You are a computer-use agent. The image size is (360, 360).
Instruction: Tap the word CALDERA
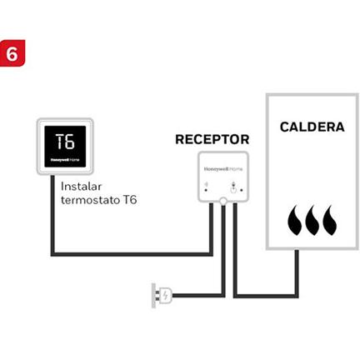point(312,127)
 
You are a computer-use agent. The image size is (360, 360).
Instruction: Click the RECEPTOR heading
point(212,139)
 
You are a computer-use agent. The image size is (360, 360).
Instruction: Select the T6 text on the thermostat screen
point(65,140)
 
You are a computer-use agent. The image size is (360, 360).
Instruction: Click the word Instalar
point(81,186)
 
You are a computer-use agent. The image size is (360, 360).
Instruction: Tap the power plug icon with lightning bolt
point(162,294)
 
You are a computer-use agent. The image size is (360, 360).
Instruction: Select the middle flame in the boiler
point(313,221)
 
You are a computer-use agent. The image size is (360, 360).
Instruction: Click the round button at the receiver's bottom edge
point(223,201)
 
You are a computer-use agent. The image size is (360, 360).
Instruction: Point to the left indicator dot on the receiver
point(206,190)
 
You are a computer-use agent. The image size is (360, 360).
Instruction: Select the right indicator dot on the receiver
point(242,190)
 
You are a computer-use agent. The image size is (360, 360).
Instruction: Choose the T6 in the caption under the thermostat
point(129,200)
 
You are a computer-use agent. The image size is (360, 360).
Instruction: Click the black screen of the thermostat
point(65,146)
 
